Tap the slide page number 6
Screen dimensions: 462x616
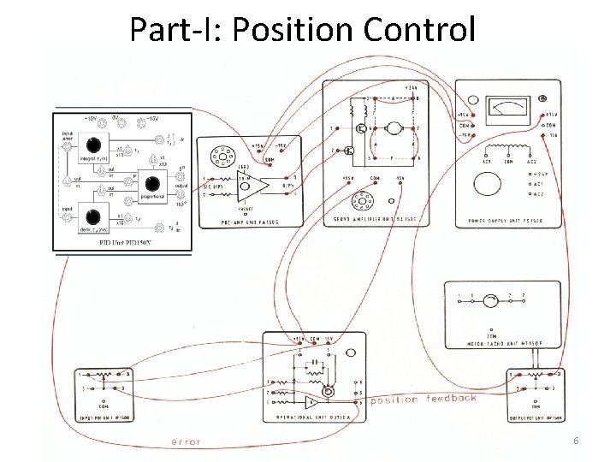[x=576, y=441]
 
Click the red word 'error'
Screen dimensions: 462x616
[x=187, y=441]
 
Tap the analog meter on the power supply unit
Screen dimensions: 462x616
[x=510, y=108]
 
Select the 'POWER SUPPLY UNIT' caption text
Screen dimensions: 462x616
[x=509, y=220]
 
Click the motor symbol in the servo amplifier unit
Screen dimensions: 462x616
[x=393, y=129]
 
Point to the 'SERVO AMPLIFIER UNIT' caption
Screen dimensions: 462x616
[x=373, y=220]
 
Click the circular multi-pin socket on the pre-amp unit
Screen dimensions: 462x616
[x=223, y=157]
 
